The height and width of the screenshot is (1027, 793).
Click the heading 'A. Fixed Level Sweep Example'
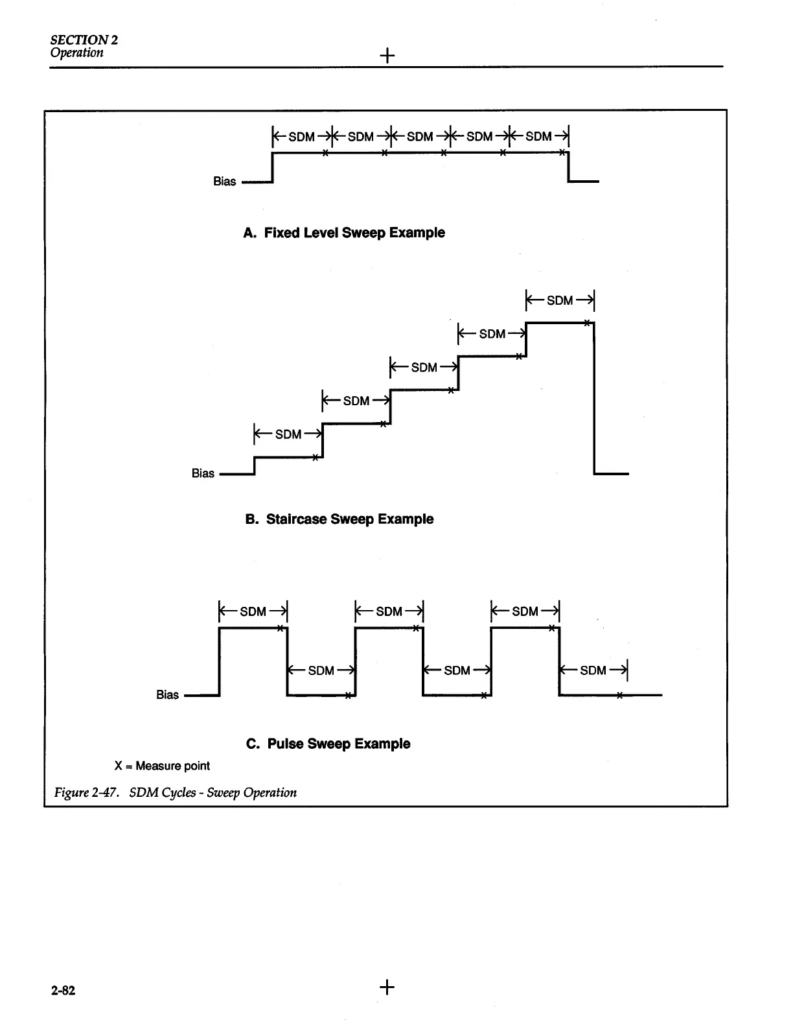[x=344, y=233]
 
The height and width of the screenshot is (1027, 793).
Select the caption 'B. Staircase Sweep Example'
[x=339, y=519]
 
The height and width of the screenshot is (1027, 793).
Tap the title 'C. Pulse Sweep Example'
[x=328, y=744]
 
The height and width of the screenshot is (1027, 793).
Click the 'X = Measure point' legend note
[x=162, y=766]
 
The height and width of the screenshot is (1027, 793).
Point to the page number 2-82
[x=63, y=990]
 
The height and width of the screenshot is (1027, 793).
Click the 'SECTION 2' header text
[x=84, y=40]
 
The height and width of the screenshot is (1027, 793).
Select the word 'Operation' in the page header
[x=76, y=53]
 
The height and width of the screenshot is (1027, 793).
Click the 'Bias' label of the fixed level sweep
[x=224, y=182]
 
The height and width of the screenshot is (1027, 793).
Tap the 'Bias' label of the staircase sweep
[x=203, y=473]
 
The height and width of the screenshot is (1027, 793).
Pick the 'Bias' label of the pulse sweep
[x=167, y=694]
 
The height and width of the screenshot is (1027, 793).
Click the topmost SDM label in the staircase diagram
[x=560, y=301]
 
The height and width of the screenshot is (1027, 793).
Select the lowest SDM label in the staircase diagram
[x=288, y=434]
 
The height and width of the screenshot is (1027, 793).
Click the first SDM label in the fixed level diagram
[x=301, y=137]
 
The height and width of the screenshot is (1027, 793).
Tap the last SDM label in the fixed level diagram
[x=538, y=137]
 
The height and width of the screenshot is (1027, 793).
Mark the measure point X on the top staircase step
[x=586, y=322]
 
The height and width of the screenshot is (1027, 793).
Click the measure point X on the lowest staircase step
[x=315, y=458]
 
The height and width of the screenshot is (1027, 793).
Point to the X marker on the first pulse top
[x=280, y=628]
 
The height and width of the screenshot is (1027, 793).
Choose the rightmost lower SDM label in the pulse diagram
[x=593, y=670]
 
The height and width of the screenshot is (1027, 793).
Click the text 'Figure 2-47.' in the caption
[x=86, y=792]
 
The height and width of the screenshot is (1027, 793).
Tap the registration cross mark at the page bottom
[x=387, y=987]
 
